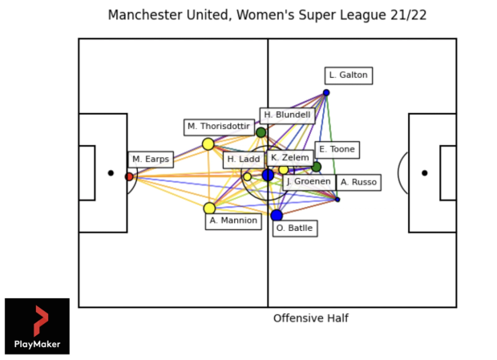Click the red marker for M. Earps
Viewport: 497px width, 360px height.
coord(129,176)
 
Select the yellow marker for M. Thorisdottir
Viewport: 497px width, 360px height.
coord(208,144)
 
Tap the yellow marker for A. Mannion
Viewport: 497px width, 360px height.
coord(209,208)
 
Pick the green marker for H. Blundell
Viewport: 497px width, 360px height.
coord(261,132)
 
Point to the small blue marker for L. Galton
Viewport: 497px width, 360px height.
coord(326,93)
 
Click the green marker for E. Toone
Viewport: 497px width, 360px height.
coord(317,167)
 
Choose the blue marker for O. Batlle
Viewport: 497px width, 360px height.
coord(277,215)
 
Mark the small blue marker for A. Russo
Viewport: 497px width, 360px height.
coord(337,199)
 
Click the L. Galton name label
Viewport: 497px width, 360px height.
coord(348,75)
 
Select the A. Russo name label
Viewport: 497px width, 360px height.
coord(358,182)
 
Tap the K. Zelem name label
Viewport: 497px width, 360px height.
coord(290,158)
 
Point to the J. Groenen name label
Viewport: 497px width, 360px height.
coord(309,182)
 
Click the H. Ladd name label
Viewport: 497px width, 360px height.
coord(243,160)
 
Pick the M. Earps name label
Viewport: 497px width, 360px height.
coord(151,160)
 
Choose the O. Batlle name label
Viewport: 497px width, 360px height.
coord(294,229)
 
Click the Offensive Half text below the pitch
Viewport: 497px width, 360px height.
coord(311,318)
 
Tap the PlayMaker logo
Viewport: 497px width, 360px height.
coord(37,326)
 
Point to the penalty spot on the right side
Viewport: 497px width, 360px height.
coord(425,172)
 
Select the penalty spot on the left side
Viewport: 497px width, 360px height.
coord(111,172)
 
